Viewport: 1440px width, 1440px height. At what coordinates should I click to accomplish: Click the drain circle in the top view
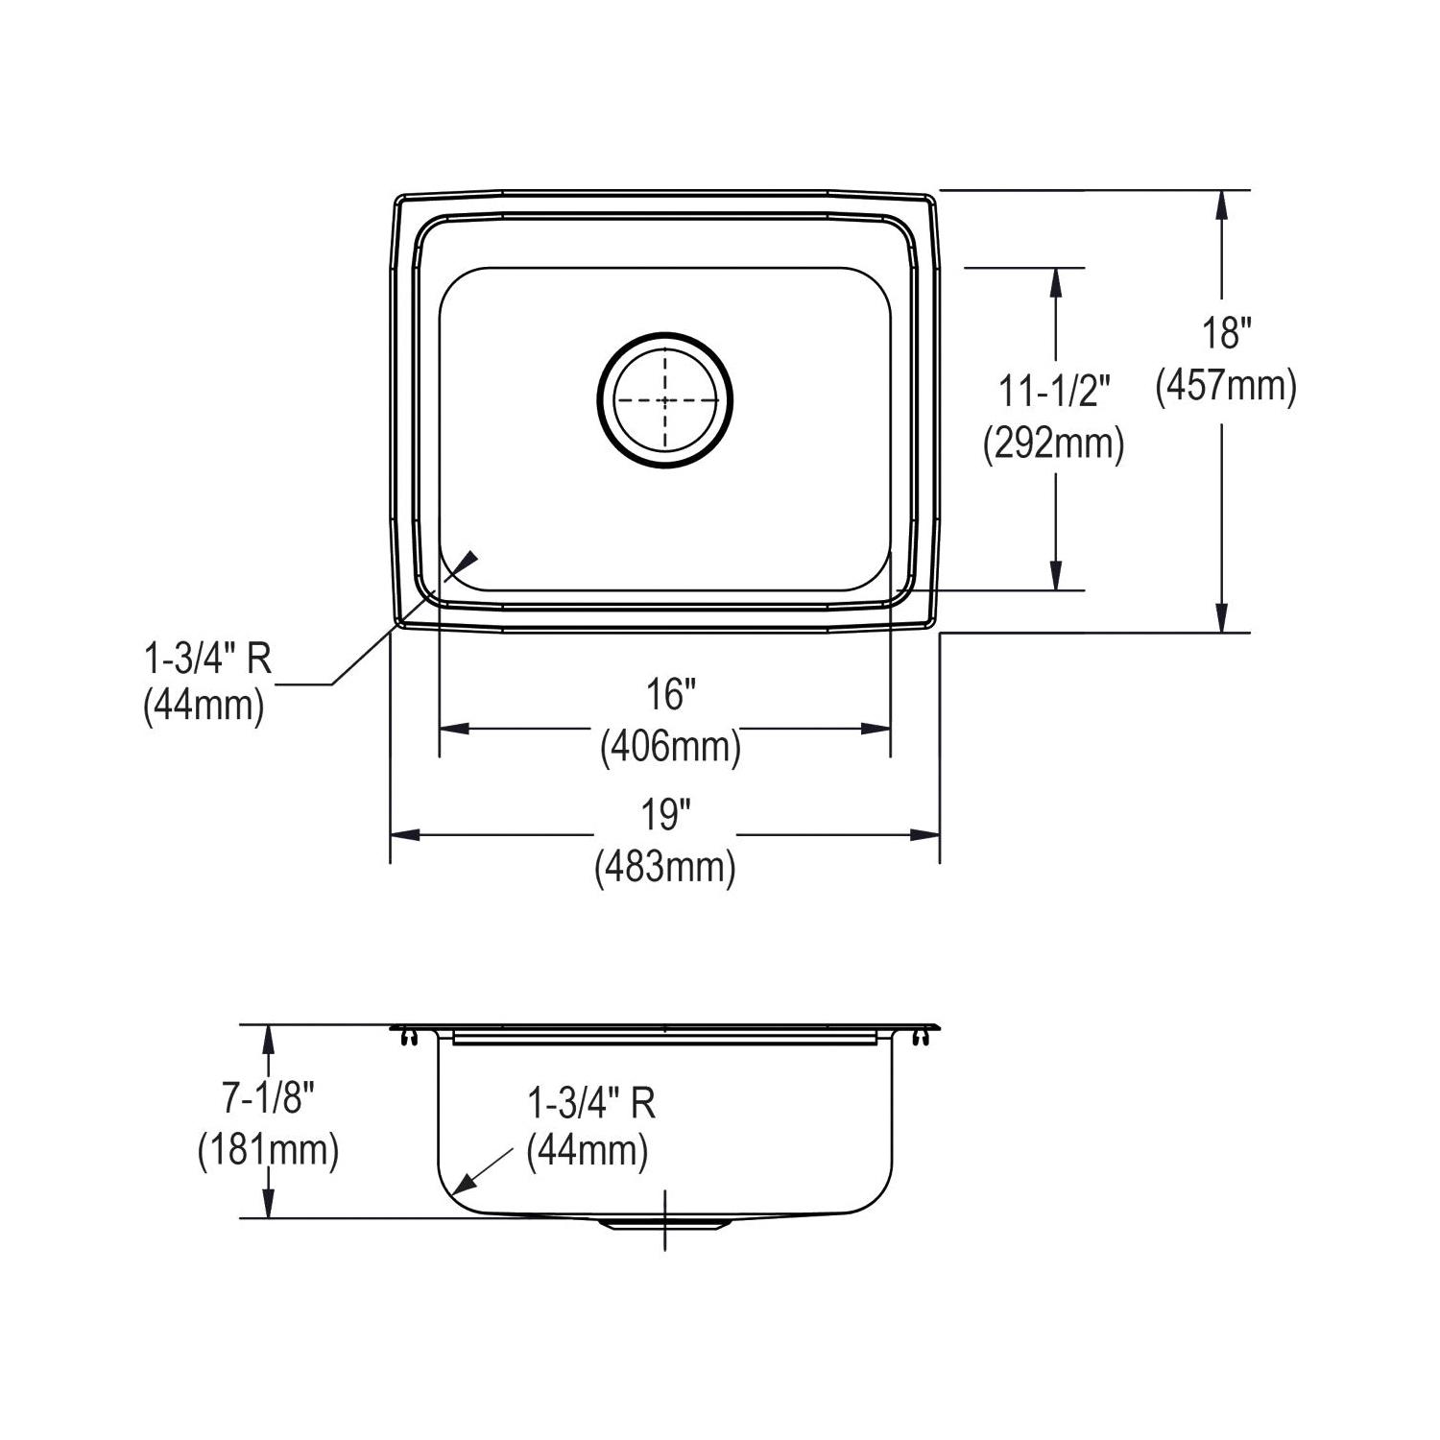[x=664, y=400]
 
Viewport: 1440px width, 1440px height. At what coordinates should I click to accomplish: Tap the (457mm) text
[x=1226, y=386]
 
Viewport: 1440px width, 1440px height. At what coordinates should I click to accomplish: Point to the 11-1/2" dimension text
[x=1054, y=394]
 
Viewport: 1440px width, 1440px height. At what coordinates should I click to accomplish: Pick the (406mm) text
[x=670, y=746]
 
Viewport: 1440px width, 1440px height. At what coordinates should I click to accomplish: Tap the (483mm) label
[x=665, y=868]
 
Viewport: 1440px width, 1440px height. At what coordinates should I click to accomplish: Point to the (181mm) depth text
[x=269, y=1150]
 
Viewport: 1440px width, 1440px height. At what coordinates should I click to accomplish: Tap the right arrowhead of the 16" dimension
[x=876, y=728]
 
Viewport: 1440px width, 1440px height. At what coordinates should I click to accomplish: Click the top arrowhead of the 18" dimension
[x=1221, y=204]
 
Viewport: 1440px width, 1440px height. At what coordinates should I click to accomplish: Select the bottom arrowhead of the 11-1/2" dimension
[x=1056, y=575]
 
